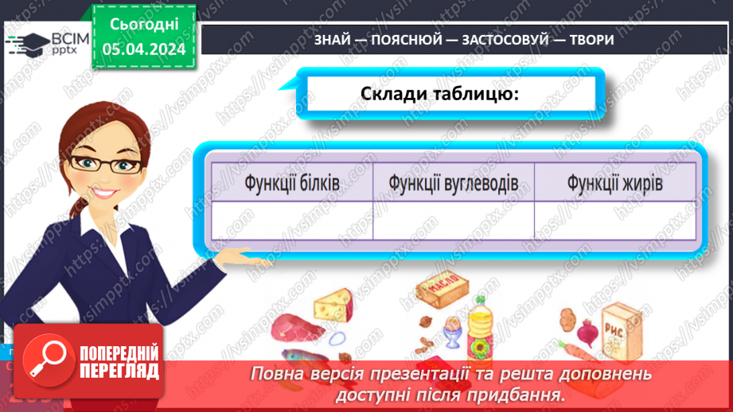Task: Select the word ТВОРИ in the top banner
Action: click(591, 40)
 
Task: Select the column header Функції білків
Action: click(292, 183)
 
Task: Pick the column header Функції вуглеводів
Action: click(453, 183)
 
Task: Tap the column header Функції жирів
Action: click(614, 183)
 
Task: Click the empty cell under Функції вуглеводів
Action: click(453, 220)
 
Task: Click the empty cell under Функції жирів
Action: click(614, 220)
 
